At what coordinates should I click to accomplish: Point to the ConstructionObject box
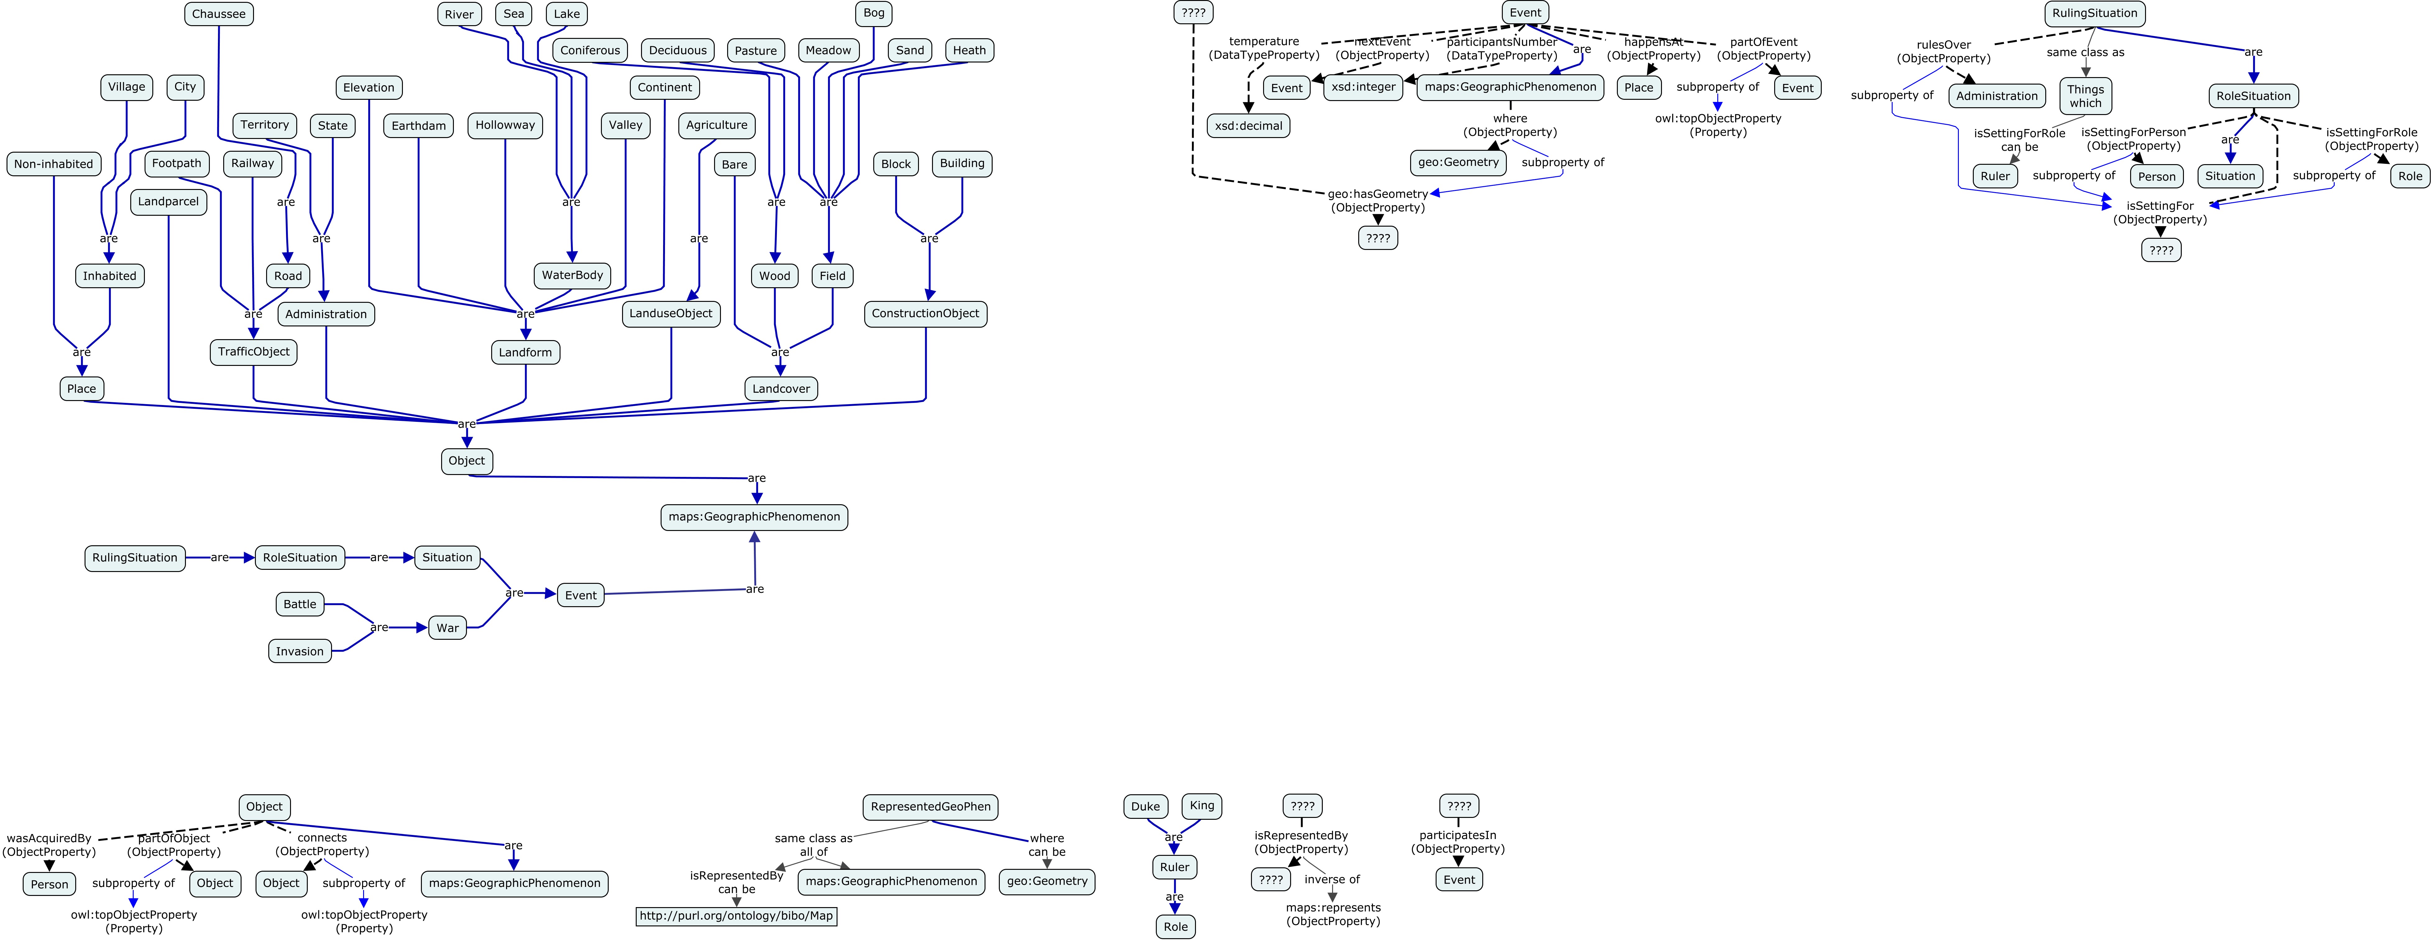tap(925, 313)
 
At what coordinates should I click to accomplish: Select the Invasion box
tap(299, 651)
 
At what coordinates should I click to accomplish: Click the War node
tap(447, 628)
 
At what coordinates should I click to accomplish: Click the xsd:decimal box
tap(1248, 126)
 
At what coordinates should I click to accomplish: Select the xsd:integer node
tap(1363, 87)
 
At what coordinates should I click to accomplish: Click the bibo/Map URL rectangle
tap(736, 916)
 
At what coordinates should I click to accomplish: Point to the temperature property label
tap(1264, 48)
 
